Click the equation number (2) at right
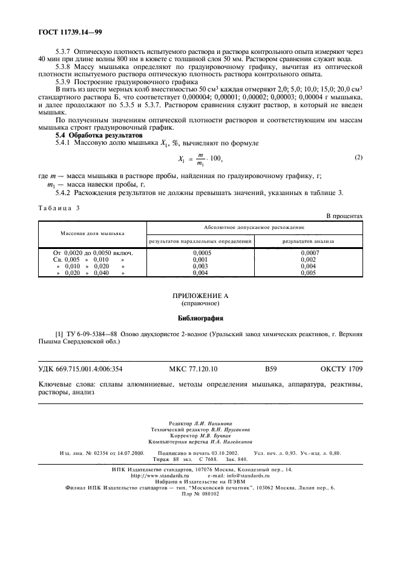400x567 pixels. coord(358,158)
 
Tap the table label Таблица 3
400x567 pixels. coord(59,207)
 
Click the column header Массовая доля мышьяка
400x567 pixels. coord(92,233)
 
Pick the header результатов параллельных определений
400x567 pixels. coord(200,241)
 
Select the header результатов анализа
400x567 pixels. coord(309,241)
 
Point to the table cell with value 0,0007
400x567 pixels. coord(309,252)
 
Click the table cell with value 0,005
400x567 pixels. coord(309,273)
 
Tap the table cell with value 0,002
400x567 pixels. coord(309,259)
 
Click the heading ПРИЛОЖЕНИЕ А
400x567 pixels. coord(200,295)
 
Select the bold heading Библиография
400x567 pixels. coord(200,317)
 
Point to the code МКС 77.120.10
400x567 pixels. coord(192,368)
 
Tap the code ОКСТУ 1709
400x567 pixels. coord(341,368)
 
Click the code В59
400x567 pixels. coord(270,368)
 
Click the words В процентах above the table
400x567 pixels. coord(344,216)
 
